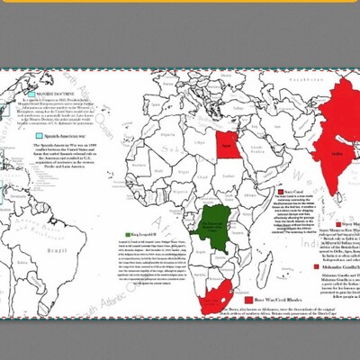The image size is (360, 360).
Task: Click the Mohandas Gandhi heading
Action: point(335,243)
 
